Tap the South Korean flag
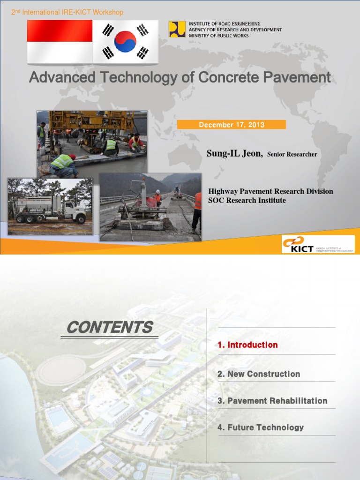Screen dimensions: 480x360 coord(125,42)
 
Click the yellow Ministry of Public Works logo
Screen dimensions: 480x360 coord(177,29)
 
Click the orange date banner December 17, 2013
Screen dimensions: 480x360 coord(232,125)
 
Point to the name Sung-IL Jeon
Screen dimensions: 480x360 coord(234,153)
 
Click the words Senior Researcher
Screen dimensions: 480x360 coord(292,154)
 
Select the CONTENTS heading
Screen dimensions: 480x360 coord(110,328)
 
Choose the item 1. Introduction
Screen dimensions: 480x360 coord(247,345)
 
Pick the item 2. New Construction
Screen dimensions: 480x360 coord(259,374)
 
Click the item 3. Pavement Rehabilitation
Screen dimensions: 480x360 coord(272,401)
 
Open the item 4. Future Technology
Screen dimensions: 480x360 coord(261,427)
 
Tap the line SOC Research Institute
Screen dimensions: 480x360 coord(247,201)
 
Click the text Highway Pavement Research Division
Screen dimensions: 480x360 coord(270,191)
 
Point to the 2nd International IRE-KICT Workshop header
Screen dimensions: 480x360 coord(67,12)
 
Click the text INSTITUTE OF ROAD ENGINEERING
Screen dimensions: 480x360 coord(225,23)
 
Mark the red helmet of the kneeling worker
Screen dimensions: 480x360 coord(72,157)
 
